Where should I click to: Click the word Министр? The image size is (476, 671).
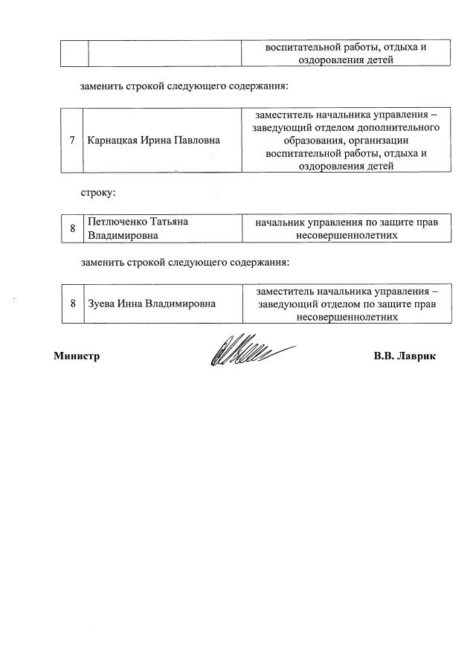[x=77, y=356]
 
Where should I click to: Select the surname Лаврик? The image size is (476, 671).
[x=419, y=356]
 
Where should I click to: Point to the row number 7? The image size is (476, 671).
[x=72, y=141]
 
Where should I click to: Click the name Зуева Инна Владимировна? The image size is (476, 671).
[x=151, y=304]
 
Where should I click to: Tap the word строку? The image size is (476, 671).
[x=97, y=193]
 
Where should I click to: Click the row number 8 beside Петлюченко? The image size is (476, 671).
[x=73, y=228]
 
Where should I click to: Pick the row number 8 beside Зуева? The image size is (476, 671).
[x=73, y=304]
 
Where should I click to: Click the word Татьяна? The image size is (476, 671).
[x=173, y=222]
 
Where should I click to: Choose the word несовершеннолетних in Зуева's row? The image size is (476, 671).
[x=347, y=316]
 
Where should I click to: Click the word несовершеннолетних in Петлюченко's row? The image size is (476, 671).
[x=347, y=235]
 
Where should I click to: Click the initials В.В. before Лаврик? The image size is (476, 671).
[x=385, y=356]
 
